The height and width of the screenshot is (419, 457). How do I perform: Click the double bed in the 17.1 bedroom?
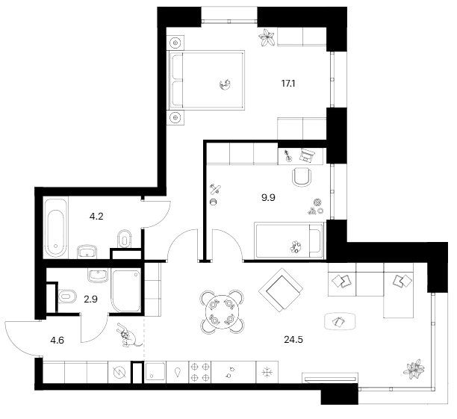pyautogui.click(x=208, y=81)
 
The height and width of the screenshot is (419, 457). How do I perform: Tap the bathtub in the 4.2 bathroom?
pyautogui.click(x=55, y=227)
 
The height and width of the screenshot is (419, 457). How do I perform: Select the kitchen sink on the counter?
pyautogui.click(x=156, y=371)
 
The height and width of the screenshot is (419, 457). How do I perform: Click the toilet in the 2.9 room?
pyautogui.click(x=66, y=297)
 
